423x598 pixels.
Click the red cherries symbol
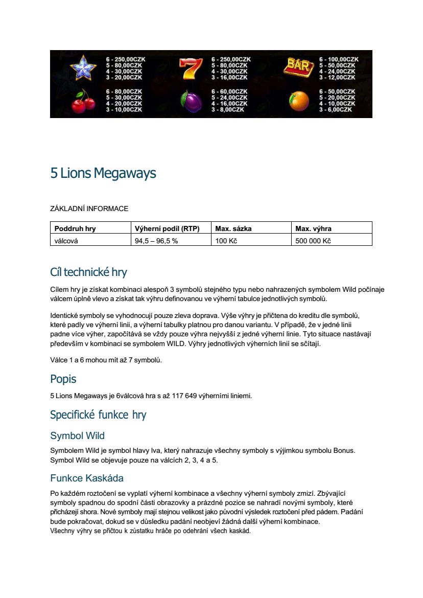point(82,101)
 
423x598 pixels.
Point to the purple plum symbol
point(190,101)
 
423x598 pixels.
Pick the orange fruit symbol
point(299,101)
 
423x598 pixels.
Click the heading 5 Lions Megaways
point(103,173)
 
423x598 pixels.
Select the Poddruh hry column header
point(75,228)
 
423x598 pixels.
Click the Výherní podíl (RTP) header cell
point(167,228)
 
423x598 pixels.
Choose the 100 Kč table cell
point(226,241)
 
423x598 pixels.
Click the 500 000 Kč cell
point(313,241)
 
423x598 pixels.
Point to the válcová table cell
point(66,241)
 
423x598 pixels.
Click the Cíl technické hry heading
point(88,271)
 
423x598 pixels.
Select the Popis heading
point(63,379)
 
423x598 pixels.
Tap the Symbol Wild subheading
point(77,435)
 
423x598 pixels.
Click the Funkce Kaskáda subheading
point(87,478)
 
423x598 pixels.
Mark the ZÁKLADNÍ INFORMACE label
point(89,209)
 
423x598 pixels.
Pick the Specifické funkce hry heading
point(98,415)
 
